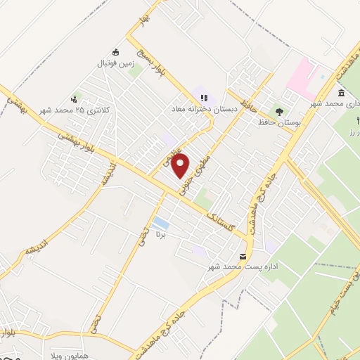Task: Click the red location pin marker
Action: point(181,166)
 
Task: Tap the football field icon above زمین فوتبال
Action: point(116,51)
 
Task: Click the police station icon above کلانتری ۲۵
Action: point(74,98)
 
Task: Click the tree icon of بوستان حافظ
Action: point(280,111)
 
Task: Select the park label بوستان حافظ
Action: point(281,123)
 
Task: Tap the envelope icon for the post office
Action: point(243,256)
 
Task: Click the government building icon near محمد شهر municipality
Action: point(341,94)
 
